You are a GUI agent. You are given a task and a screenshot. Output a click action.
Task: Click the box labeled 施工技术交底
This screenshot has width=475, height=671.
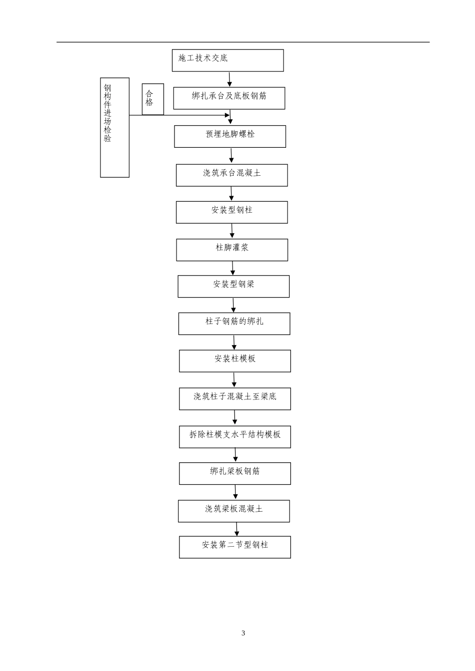coord(227,60)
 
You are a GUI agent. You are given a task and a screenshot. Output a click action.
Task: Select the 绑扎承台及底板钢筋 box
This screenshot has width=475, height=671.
coord(229,98)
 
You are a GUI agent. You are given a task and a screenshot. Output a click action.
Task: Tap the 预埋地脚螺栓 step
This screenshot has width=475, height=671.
coord(230,137)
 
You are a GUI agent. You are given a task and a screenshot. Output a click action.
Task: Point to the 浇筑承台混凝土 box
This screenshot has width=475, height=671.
coord(232,175)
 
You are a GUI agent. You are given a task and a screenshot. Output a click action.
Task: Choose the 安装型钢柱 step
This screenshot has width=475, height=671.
coord(232,212)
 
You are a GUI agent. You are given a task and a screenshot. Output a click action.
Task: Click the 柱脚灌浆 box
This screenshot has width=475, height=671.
coord(232,250)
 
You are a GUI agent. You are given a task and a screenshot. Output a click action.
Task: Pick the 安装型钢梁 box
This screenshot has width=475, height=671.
coord(233,287)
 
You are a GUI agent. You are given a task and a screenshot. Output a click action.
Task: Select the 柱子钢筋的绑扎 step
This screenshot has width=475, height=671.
coord(234,324)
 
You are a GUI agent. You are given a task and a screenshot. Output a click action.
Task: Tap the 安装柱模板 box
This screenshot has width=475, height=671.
coord(235,361)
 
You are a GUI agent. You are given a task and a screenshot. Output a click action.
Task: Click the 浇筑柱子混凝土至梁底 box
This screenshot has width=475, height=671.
coord(235,399)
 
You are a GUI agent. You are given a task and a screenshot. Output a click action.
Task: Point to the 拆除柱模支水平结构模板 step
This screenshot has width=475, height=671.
coord(235,437)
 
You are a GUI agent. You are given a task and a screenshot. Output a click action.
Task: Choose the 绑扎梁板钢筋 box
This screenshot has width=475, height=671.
coord(235,474)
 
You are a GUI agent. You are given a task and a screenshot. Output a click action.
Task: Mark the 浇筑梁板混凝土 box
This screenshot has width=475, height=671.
coord(234,511)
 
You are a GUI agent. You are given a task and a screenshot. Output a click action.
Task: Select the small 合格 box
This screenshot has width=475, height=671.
coord(153,99)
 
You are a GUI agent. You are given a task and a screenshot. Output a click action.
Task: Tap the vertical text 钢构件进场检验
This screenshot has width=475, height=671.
coord(107,113)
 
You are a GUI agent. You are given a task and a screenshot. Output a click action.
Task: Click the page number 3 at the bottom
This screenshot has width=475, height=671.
coord(243,633)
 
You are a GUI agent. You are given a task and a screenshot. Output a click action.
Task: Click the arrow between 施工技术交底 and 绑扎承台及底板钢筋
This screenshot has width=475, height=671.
coord(229,79)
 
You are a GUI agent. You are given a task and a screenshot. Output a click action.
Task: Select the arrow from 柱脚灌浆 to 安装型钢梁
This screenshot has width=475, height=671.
coord(232,268)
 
